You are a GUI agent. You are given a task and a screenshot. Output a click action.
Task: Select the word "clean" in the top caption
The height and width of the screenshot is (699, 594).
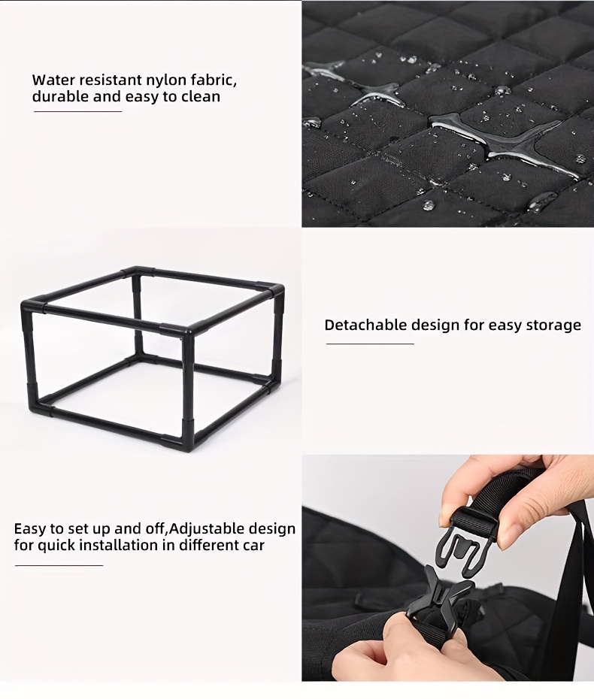point(201,97)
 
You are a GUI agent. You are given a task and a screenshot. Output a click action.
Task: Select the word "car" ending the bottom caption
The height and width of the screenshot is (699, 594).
point(252,546)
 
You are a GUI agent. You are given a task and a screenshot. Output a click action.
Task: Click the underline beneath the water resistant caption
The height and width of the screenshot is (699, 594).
point(78,111)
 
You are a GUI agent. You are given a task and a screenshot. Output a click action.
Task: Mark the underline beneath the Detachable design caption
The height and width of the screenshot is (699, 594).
point(370,343)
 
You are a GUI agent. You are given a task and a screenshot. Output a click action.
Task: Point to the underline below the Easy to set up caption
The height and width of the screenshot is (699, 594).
point(59,565)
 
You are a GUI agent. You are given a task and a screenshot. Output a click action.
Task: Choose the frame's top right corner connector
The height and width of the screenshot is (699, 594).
point(276,291)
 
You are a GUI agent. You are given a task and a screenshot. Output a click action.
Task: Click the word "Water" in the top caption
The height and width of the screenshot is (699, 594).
point(50,81)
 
